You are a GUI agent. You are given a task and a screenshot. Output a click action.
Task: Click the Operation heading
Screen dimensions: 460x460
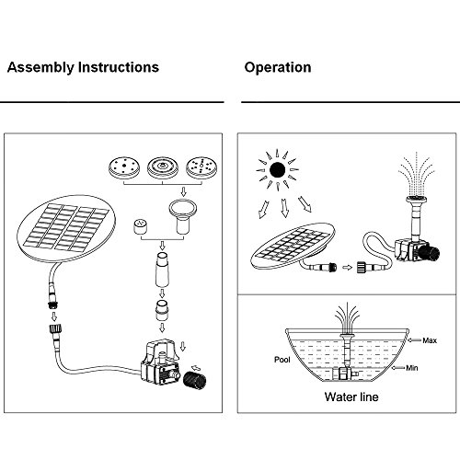point(277,68)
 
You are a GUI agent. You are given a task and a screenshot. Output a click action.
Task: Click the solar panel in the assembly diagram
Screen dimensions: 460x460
point(61,224)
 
